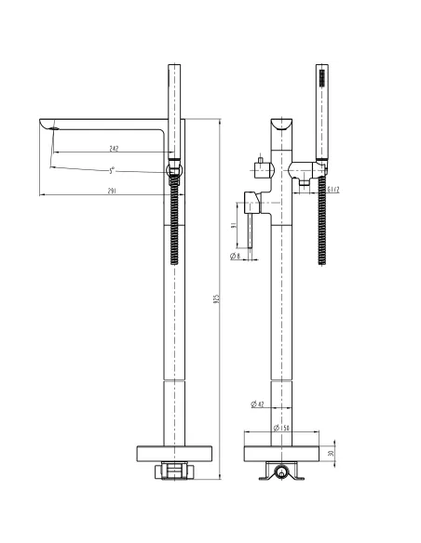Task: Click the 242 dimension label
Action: point(113,149)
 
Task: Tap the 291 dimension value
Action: point(111,191)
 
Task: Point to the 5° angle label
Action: point(112,169)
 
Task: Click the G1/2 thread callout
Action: point(333,191)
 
